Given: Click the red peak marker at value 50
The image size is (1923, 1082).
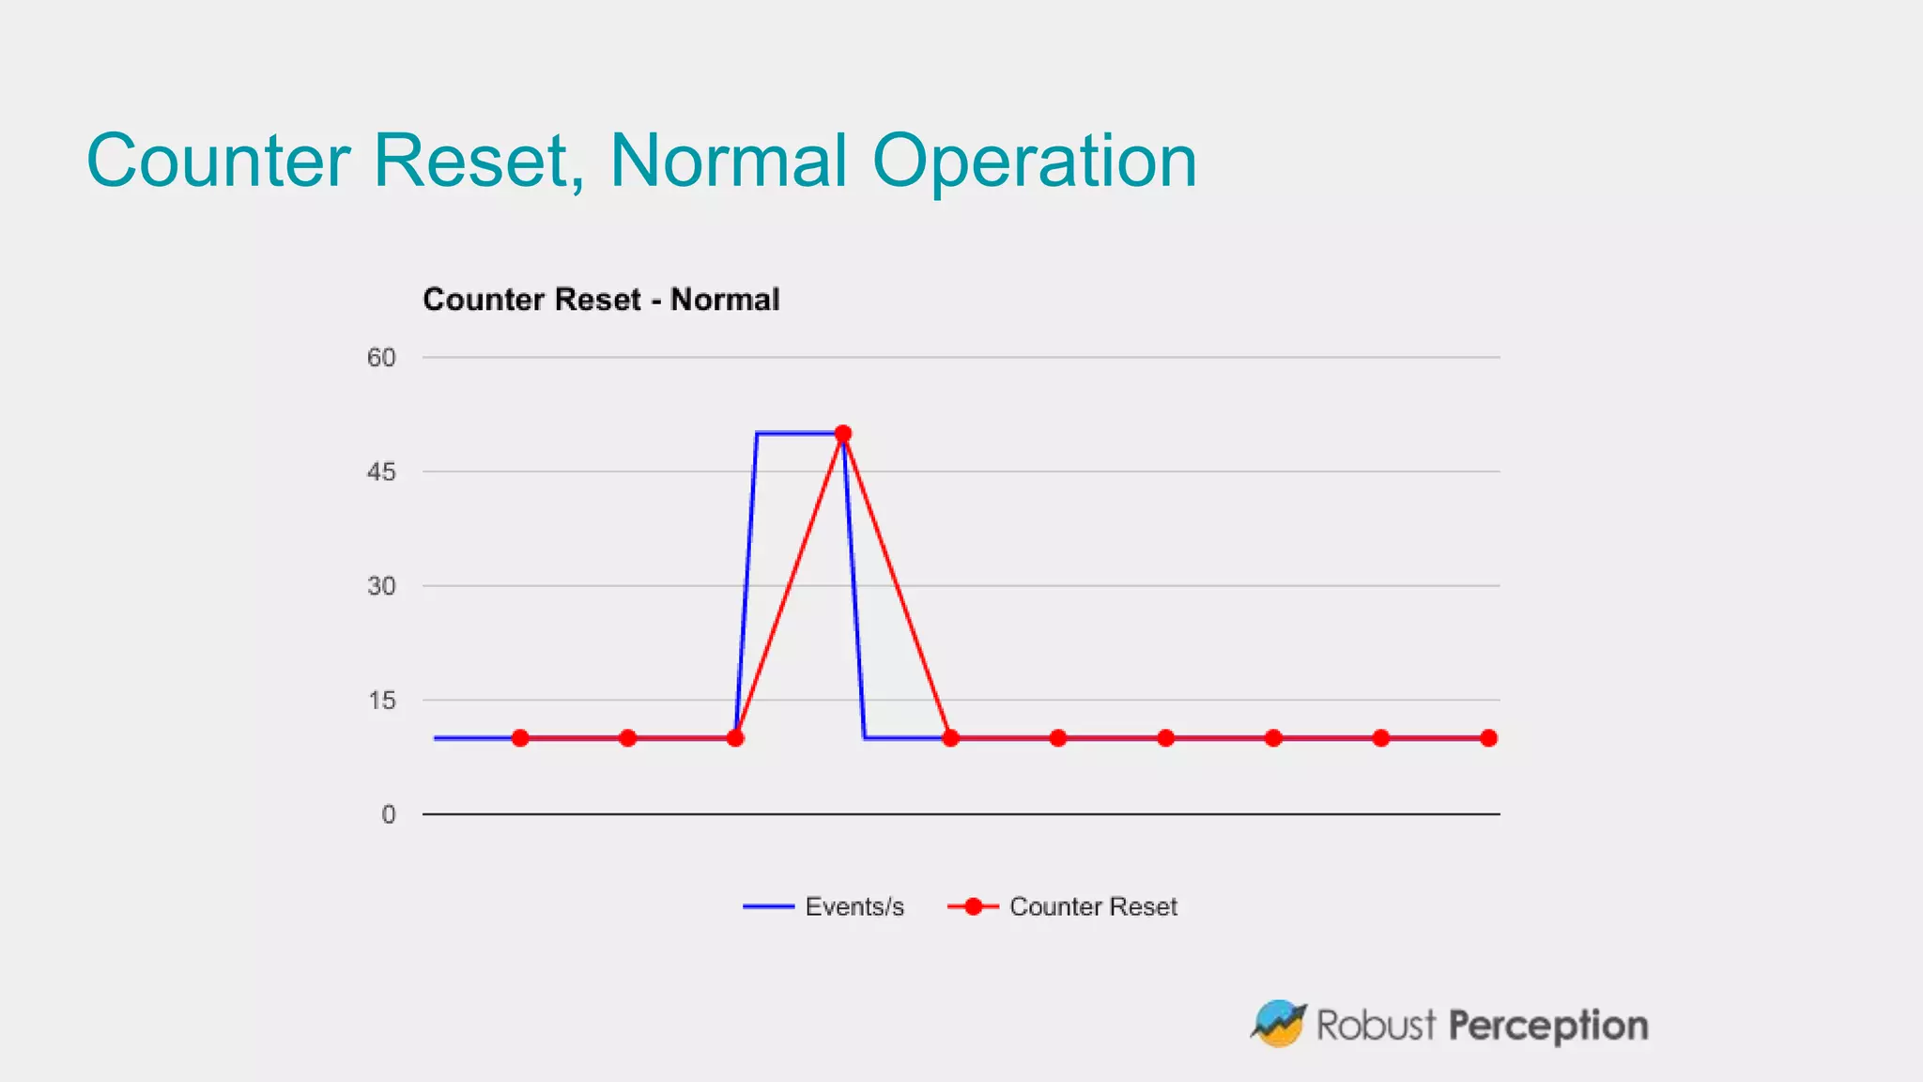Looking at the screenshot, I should tap(843, 434).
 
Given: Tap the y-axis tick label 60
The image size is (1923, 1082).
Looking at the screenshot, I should tap(381, 358).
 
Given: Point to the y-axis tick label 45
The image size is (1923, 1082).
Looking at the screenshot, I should tap(381, 472).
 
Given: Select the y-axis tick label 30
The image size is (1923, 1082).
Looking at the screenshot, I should tap(381, 587).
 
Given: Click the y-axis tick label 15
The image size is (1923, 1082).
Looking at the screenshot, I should tap(381, 701).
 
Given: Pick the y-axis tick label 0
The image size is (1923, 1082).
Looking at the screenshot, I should tap(388, 815).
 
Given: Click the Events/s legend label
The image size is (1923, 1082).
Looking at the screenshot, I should tap(854, 907).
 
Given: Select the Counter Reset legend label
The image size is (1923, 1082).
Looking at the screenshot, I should tap(1093, 907).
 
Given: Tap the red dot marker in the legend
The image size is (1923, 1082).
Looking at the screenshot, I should tap(974, 907).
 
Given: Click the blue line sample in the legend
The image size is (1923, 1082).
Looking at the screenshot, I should tap(767, 907).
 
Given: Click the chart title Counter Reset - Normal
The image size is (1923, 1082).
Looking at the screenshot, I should tap(601, 300).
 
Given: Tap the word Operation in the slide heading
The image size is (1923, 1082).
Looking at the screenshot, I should tap(1034, 162).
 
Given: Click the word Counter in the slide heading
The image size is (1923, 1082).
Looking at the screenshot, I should tap(218, 162).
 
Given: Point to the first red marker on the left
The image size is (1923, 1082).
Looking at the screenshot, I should tap(520, 738).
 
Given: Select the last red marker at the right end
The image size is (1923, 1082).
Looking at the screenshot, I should tap(1488, 738).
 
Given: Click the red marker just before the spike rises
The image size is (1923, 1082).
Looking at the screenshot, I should tap(735, 738).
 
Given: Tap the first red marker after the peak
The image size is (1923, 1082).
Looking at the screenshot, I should tap(950, 738).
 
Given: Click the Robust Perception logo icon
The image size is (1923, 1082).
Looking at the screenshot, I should tap(1278, 1024).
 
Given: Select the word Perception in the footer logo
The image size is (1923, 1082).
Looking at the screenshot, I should tap(1548, 1026).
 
